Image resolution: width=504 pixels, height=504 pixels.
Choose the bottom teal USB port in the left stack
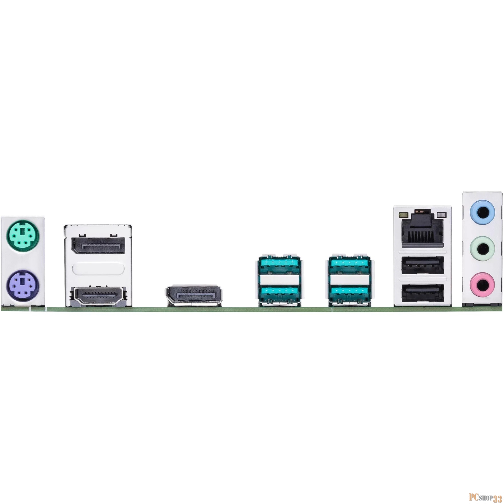click(x=279, y=294)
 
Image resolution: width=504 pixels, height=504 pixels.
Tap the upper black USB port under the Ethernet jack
click(x=423, y=264)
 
